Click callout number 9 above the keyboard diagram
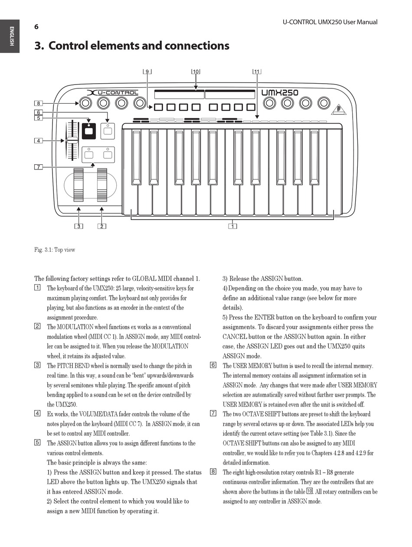click(147, 72)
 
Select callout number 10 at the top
click(196, 72)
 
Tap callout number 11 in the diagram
click(257, 72)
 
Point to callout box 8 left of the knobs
click(39, 103)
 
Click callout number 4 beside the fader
click(39, 140)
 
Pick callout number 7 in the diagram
click(39, 167)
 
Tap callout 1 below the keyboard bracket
click(232, 226)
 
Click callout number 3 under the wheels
click(78, 226)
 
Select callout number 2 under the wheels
click(102, 226)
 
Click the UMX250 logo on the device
click(280, 92)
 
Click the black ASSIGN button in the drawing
click(89, 131)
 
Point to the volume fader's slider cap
click(72, 140)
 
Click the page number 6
click(36, 27)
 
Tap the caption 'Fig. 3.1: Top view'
click(55, 250)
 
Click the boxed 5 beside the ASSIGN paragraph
click(37, 443)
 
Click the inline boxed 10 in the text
click(310, 491)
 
